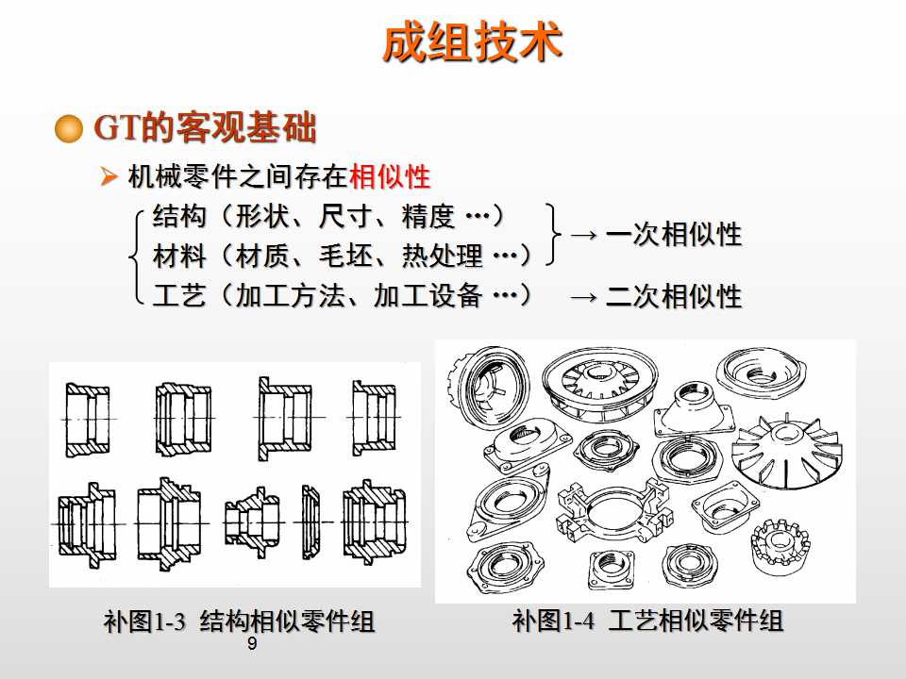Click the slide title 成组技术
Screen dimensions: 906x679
tap(472, 44)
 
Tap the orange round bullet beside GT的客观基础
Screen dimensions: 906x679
tap(70, 129)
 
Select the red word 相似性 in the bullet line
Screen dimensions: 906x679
tap(389, 176)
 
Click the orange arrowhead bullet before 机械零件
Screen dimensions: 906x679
tap(109, 176)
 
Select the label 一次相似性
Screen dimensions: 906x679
tap(673, 235)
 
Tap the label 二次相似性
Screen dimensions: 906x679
tap(673, 297)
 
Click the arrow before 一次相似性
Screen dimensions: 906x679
tap(584, 235)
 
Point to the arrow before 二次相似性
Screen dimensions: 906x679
tap(584, 297)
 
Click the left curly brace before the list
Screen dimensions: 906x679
tap(137, 256)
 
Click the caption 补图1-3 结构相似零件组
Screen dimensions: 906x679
tap(239, 622)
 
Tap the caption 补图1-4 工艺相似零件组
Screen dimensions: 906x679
tap(647, 621)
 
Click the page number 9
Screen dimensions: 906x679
tap(251, 644)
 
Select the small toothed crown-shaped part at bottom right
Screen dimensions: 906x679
tap(780, 548)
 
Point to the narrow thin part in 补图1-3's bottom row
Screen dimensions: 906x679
tap(311, 522)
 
